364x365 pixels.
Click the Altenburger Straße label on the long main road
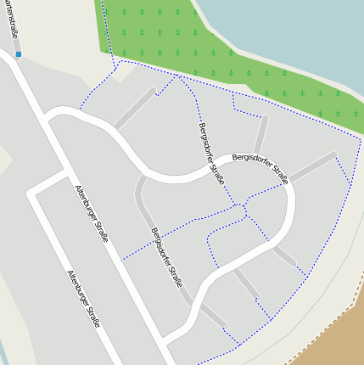pos(92,214)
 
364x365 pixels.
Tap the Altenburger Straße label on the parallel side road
pos(84,299)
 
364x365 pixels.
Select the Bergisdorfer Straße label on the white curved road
pos(260,167)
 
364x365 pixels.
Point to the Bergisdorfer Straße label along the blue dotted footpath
pos(211,153)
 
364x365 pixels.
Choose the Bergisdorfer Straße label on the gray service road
pos(167,256)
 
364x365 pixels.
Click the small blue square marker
pos(19,54)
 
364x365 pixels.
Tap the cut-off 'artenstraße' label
pos(11,19)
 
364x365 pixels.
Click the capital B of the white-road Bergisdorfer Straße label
pos(234,159)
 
